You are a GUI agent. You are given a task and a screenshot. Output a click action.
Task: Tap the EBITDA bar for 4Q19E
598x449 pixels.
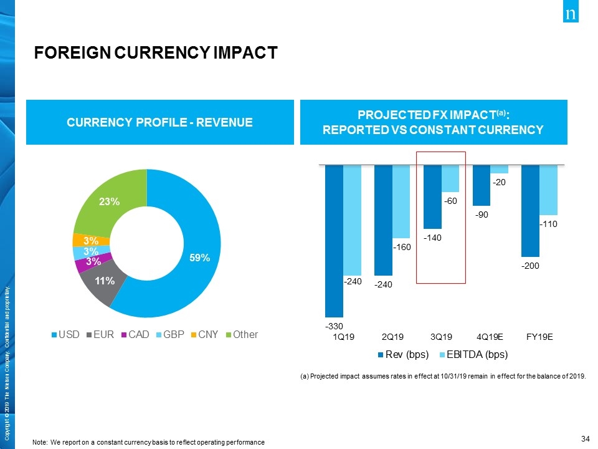point(499,168)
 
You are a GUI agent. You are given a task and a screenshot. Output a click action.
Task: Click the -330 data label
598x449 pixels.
point(334,326)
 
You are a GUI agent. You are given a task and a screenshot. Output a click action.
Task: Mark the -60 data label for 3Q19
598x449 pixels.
point(450,201)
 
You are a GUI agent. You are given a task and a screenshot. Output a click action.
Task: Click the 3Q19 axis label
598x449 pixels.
point(441,337)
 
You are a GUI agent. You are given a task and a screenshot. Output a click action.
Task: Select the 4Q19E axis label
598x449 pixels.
point(490,337)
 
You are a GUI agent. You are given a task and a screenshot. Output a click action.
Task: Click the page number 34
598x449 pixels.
point(585,439)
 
